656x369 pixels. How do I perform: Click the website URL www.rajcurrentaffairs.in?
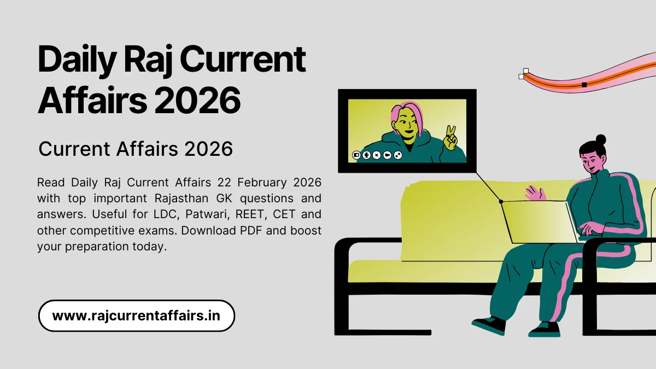pyautogui.click(x=136, y=316)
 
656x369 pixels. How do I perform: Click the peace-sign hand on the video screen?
pyautogui.click(x=450, y=138)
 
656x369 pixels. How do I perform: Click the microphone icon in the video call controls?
pyautogui.click(x=366, y=155)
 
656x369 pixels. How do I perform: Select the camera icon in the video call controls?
pyautogui.click(x=387, y=155)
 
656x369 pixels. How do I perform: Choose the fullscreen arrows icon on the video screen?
pyautogui.click(x=397, y=155)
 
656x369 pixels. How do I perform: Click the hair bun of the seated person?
pyautogui.click(x=600, y=139)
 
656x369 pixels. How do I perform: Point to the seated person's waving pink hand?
pyautogui.click(x=534, y=192)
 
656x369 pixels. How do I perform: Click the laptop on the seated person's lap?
pyautogui.click(x=538, y=221)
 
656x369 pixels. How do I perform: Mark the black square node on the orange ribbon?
pyautogui.click(x=584, y=85)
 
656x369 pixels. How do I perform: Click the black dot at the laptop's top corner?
pyautogui.click(x=501, y=202)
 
